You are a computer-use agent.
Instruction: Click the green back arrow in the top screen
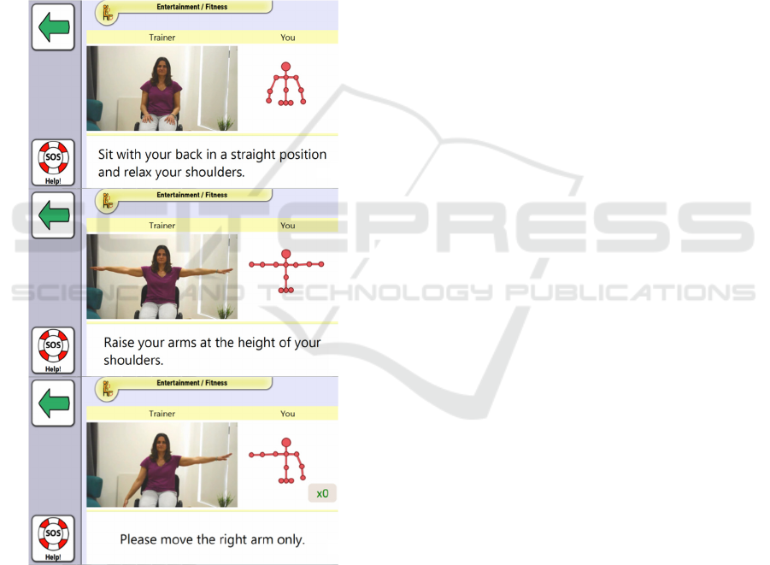pos(53,27)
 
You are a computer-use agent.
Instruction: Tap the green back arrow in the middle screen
pos(53,215)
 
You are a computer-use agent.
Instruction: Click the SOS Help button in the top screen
pos(53,162)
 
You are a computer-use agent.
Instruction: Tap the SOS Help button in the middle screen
pos(53,350)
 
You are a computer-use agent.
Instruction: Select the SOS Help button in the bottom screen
pos(53,539)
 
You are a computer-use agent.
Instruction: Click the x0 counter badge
pos(322,493)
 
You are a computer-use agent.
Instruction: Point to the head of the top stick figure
pos(285,67)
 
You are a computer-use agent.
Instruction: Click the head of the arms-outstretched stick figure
pos(285,254)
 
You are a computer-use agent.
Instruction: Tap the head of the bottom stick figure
pos(286,443)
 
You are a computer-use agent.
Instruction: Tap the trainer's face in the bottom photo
pos(161,445)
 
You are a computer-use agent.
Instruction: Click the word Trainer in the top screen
pos(162,38)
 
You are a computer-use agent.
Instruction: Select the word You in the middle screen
pos(288,226)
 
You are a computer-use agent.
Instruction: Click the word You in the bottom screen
pos(288,414)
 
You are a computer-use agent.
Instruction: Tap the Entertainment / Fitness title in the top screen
pos(192,7)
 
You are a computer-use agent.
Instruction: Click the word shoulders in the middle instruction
pos(132,360)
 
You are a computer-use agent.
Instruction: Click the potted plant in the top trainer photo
pos(225,123)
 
